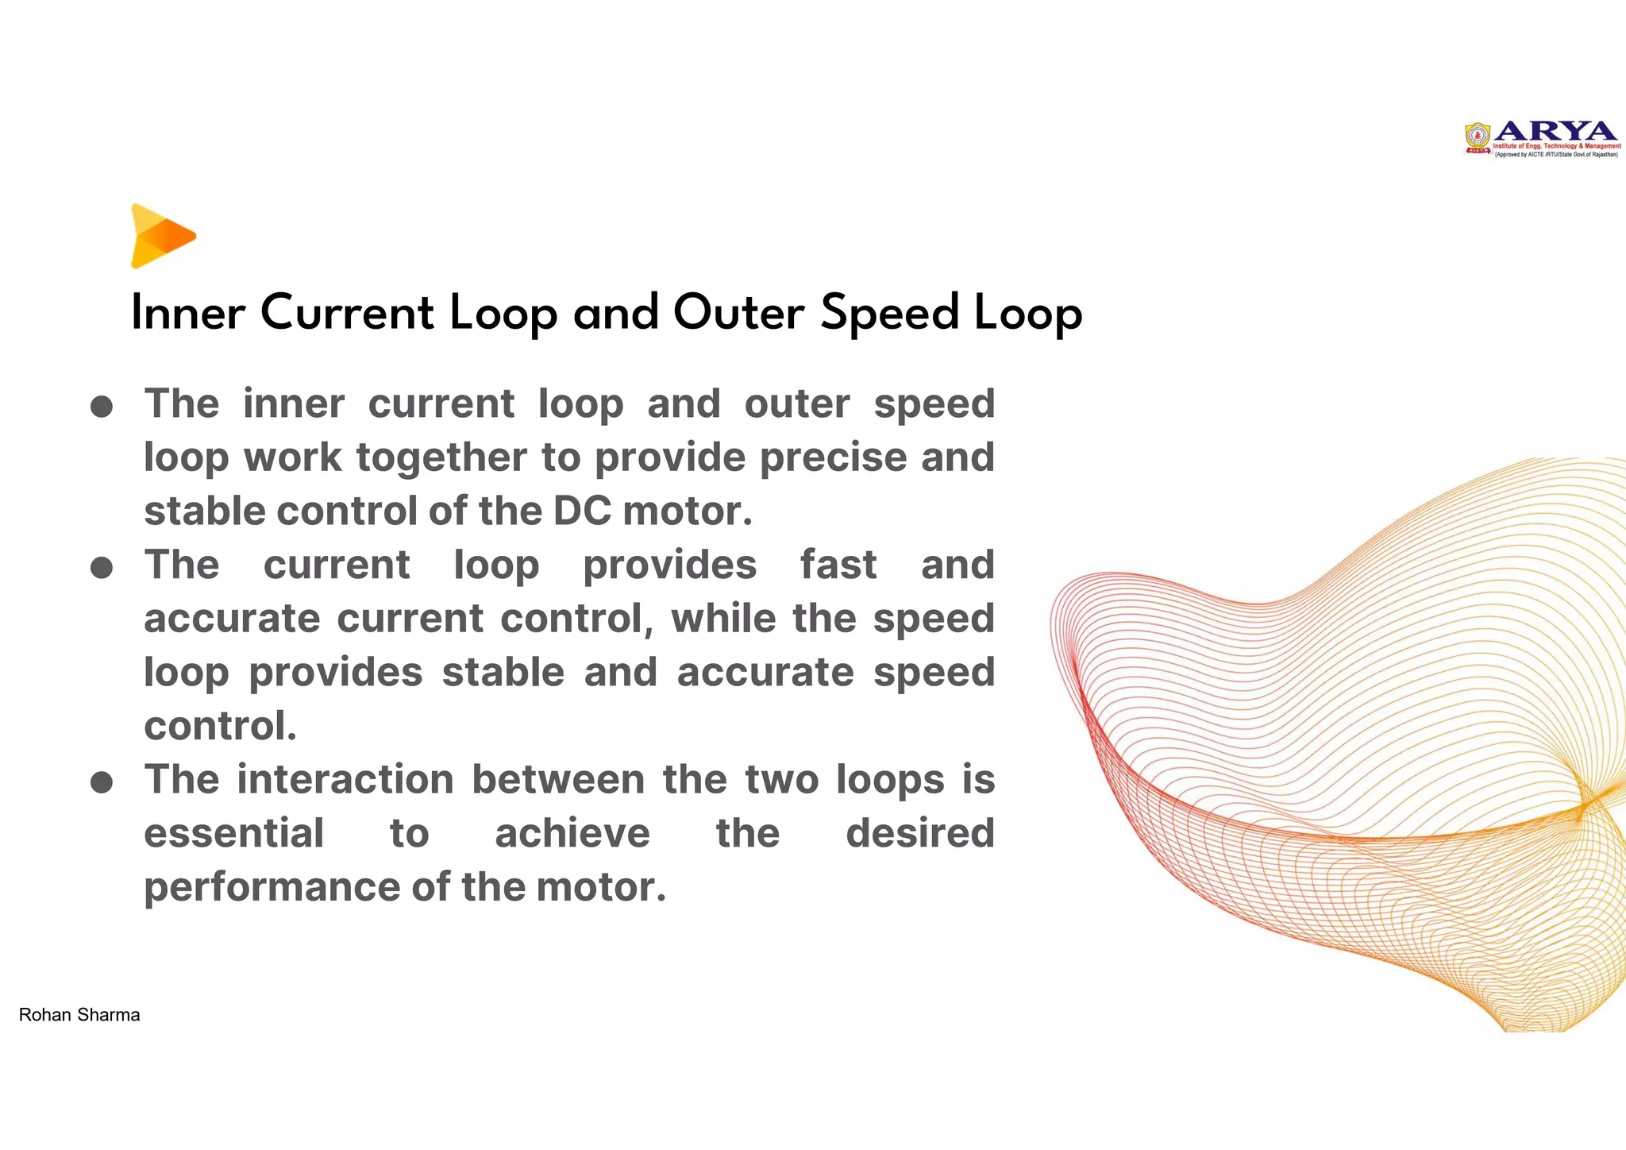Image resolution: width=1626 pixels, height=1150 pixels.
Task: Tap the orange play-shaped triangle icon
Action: [x=162, y=236]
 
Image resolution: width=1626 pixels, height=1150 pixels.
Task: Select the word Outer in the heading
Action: [x=738, y=312]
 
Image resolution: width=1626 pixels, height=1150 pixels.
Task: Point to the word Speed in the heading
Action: [x=890, y=314]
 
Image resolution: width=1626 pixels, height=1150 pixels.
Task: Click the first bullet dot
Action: [x=102, y=407]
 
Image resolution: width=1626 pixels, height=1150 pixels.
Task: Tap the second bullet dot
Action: [x=102, y=568]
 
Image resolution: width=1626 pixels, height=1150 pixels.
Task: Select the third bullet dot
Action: [x=102, y=782]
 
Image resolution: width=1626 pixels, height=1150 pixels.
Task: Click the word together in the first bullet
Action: [x=441, y=458]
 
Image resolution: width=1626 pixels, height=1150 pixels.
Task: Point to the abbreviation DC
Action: [x=582, y=511]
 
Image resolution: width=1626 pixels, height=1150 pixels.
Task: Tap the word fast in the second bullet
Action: [x=838, y=565]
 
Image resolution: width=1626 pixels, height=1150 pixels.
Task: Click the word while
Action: [x=723, y=619]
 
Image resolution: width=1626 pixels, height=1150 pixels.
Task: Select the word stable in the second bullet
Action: [x=503, y=672]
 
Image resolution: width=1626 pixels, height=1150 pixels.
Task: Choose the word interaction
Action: [x=345, y=779]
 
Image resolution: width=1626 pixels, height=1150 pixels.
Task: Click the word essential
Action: [x=233, y=833]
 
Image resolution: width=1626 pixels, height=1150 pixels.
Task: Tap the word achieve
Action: [x=572, y=833]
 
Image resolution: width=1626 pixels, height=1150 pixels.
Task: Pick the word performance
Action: [x=271, y=888]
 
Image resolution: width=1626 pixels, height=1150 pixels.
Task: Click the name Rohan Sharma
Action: [x=79, y=1015]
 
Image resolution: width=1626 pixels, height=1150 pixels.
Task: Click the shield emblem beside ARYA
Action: [x=1478, y=137]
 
